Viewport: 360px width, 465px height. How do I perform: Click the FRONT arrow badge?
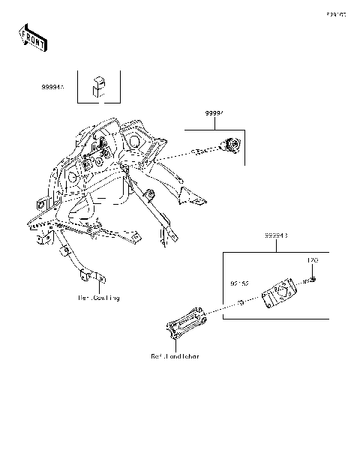32,37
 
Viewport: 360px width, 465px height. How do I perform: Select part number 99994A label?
52,88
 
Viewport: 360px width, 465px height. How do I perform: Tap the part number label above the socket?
216,113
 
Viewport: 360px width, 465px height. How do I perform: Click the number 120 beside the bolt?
315,260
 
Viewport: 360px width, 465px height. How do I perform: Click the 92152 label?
239,285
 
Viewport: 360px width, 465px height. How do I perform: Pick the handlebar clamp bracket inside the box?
280,295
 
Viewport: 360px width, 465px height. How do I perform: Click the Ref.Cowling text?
99,298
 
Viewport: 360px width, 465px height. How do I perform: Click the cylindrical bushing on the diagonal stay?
150,196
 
